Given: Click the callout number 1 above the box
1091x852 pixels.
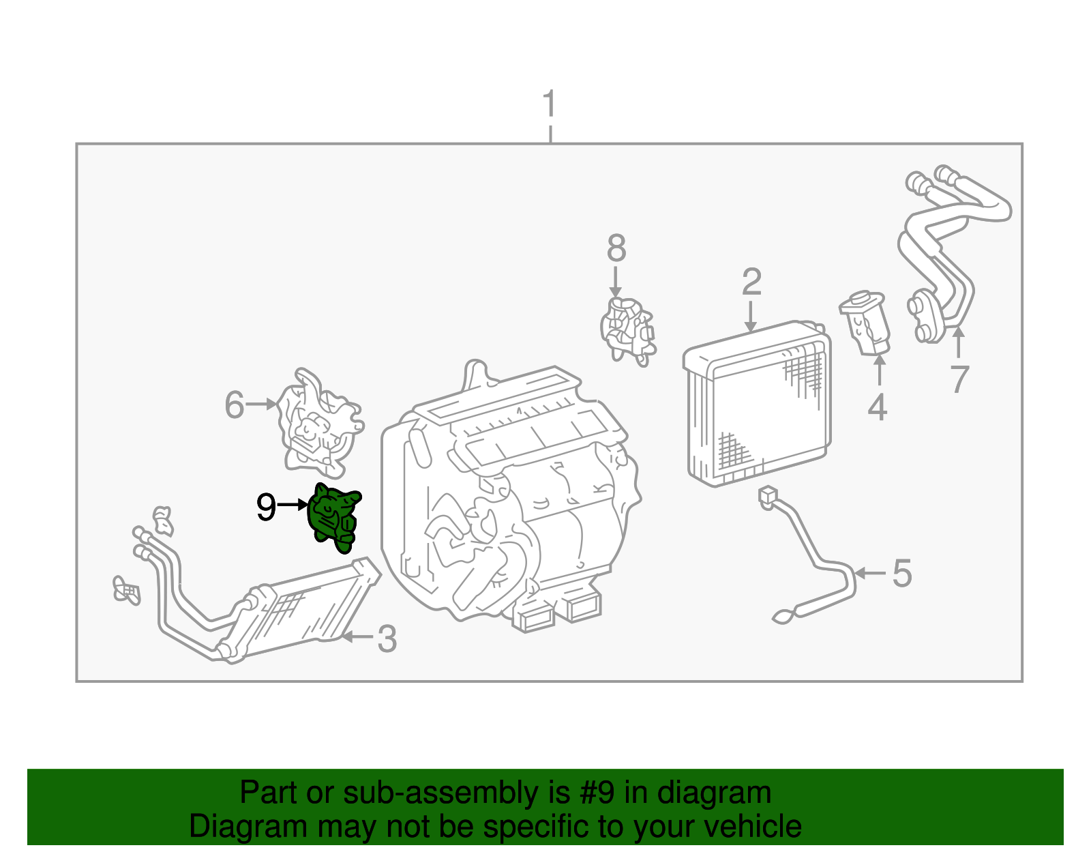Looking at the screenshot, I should click(550, 105).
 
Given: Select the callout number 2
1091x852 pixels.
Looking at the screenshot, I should click(751, 282).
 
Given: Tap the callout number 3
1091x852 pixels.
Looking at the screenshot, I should click(387, 639).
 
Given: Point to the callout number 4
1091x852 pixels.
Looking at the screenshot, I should click(877, 407).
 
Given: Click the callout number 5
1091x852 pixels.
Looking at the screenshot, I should click(901, 573).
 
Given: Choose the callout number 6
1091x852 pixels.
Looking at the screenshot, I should click(234, 405).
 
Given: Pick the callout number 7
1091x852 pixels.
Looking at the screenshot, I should click(959, 379).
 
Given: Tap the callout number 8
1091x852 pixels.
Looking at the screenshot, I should click(616, 249).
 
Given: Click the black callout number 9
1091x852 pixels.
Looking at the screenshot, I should click(266, 507).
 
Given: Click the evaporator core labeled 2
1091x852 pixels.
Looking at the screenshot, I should click(757, 406).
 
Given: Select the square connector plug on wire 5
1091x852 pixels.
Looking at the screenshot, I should click(768, 495).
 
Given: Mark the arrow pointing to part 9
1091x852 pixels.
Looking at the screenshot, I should click(293, 505).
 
